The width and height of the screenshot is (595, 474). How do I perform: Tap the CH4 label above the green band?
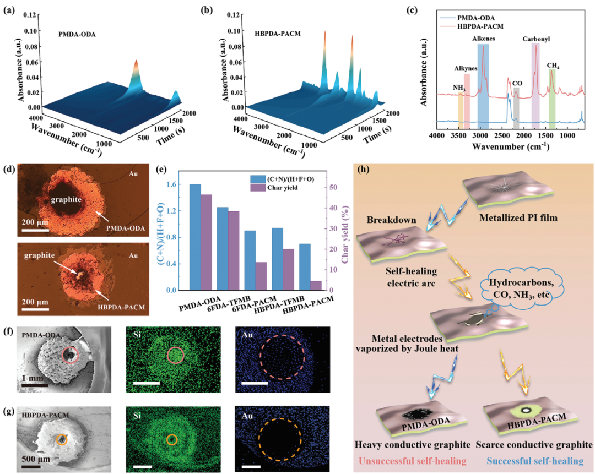click(x=552, y=65)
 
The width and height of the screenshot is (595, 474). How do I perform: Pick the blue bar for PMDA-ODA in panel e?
click(x=195, y=237)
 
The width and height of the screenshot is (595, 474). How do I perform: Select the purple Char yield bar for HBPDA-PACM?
click(x=316, y=285)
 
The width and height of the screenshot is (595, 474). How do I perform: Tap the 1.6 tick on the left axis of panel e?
click(x=177, y=185)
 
